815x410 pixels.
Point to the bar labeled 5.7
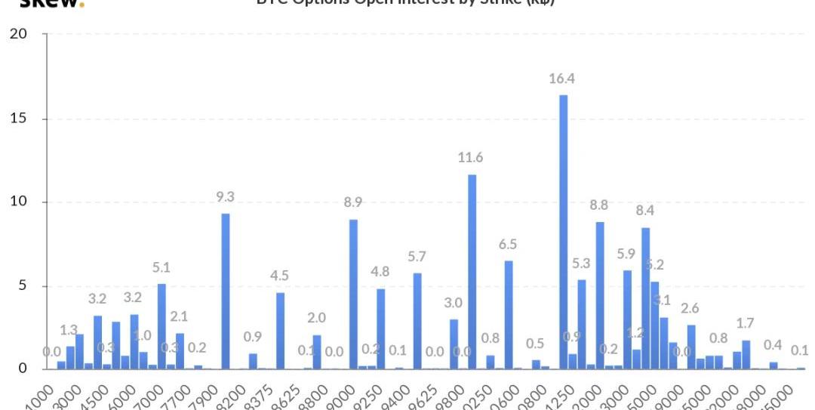(x=417, y=321)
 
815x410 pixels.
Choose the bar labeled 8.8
(x=600, y=295)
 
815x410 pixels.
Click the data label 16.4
(x=562, y=78)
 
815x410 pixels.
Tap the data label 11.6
(x=470, y=158)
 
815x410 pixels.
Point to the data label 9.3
(x=225, y=197)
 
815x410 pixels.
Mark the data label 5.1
(x=161, y=267)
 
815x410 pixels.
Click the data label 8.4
(x=644, y=211)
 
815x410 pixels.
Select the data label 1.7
(x=745, y=324)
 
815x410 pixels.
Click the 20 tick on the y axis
(x=18, y=34)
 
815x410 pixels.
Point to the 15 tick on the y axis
(x=18, y=119)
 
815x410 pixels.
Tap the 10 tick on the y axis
(x=18, y=202)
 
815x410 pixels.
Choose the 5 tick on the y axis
(x=23, y=286)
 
